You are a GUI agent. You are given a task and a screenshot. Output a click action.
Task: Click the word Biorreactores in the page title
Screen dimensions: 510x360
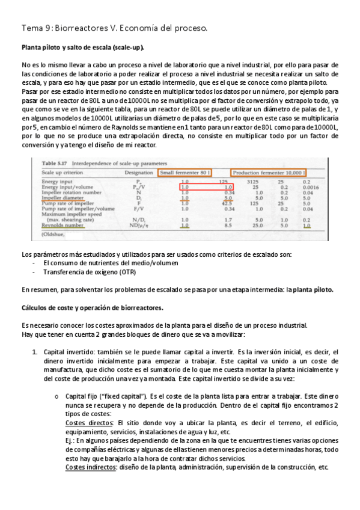tap(79, 28)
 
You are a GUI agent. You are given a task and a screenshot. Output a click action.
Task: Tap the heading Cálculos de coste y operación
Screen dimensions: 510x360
tap(92, 308)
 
